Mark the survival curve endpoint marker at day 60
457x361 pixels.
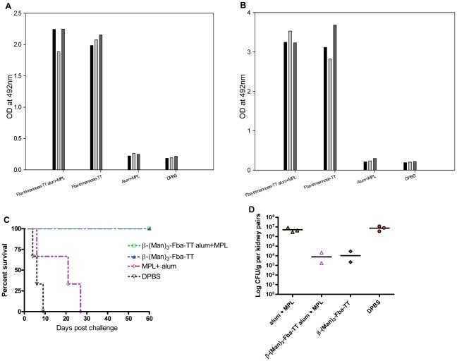coord(150,228)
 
